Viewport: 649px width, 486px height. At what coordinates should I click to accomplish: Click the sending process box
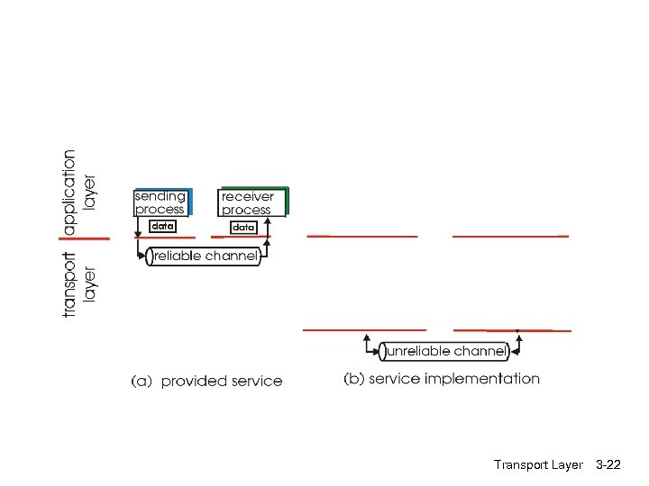[x=160, y=202]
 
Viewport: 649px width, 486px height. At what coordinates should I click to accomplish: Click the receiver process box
[x=252, y=202]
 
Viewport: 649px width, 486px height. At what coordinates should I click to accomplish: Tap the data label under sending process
[x=162, y=227]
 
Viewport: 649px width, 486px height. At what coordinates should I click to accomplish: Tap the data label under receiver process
[x=243, y=228]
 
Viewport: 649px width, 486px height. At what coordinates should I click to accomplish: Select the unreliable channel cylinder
[x=443, y=351]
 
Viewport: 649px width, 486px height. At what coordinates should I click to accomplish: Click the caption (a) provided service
[x=207, y=381]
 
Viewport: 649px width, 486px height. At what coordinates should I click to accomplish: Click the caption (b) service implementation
[x=442, y=379]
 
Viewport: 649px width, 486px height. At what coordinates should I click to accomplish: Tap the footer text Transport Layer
[x=538, y=465]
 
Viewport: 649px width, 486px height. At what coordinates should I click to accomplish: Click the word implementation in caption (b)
[x=484, y=379]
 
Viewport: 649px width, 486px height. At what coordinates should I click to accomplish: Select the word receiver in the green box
[x=248, y=196]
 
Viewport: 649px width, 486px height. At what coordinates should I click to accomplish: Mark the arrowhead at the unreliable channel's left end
[x=368, y=340]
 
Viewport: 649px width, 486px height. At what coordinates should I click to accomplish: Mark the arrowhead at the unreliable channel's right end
[x=517, y=340]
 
